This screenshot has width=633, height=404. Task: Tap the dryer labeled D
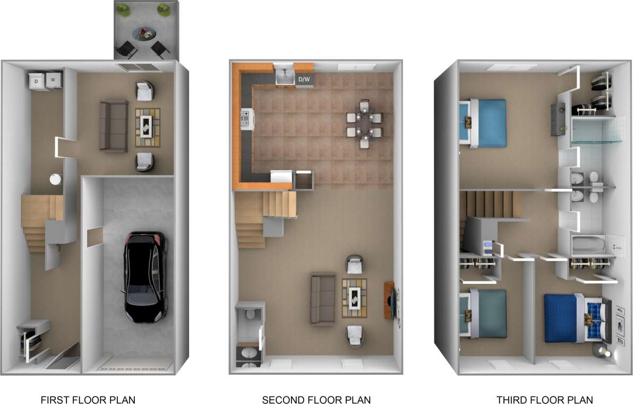[37, 81]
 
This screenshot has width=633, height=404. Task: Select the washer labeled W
[54, 80]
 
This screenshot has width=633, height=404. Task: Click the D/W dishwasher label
[304, 79]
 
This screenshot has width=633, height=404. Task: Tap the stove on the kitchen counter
[247, 119]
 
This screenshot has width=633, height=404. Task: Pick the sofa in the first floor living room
[114, 126]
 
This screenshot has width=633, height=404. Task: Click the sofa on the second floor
[323, 298]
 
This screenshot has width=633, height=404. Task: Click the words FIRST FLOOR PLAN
[88, 400]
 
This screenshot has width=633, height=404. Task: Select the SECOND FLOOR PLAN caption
[316, 400]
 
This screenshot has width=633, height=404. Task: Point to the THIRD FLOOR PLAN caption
[544, 400]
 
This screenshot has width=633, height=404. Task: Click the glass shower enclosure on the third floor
[595, 131]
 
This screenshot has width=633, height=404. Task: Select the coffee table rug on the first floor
[148, 127]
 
